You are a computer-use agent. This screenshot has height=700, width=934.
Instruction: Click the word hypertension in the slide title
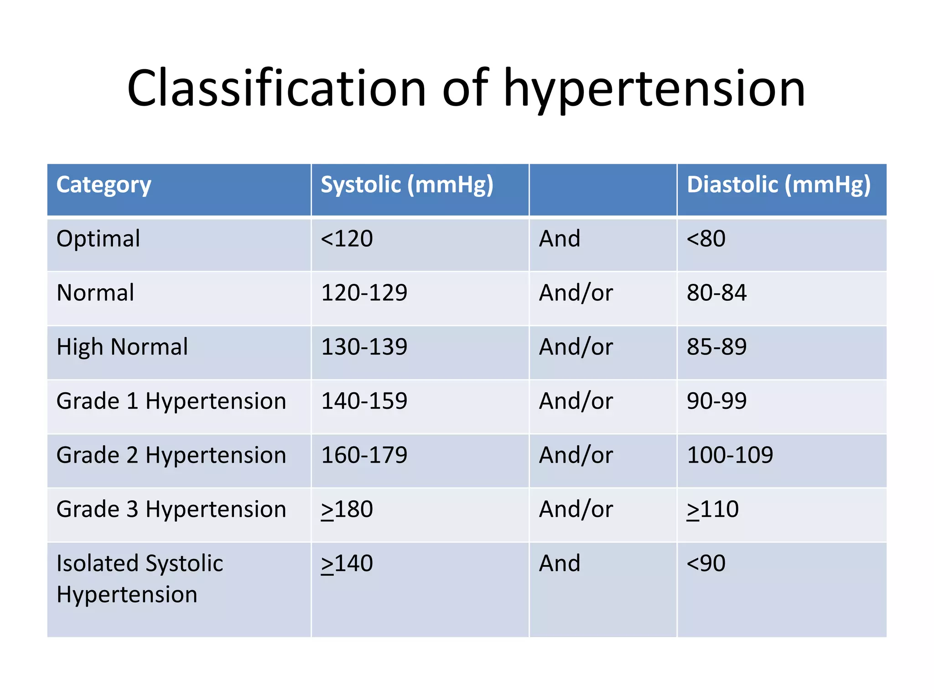[654, 89]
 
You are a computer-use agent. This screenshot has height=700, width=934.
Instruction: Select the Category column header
[104, 185]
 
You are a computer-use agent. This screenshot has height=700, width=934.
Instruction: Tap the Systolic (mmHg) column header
[407, 185]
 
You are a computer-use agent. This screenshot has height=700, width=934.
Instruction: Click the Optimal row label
[98, 239]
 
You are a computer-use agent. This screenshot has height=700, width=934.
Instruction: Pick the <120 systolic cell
[347, 239]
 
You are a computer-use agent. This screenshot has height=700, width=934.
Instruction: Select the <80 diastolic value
[706, 239]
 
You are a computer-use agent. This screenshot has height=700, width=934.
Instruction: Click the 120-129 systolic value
[364, 293]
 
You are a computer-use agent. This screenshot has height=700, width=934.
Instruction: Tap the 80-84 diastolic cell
[716, 293]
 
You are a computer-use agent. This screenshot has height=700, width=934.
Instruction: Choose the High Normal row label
[122, 347]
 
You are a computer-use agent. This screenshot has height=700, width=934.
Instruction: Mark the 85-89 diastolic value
[716, 347]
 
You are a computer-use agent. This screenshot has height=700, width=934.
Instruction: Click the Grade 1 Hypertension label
[171, 401]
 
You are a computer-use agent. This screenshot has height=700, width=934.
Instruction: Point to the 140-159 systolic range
[364, 401]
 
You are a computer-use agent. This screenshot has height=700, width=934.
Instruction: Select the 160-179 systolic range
[364, 455]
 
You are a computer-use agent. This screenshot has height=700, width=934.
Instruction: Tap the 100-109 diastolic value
[730, 455]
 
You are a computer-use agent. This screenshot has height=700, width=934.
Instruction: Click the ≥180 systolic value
[347, 510]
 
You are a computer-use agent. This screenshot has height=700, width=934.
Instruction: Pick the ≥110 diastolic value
[712, 510]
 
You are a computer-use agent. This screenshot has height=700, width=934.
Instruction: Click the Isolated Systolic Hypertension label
[140, 579]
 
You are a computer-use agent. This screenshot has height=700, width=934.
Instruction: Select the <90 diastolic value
[706, 563]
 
